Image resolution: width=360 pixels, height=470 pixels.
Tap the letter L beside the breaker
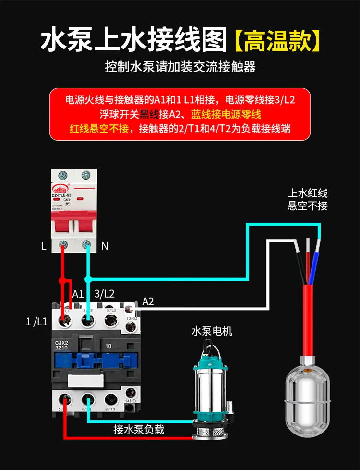44,246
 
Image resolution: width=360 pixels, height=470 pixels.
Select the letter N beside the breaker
105,246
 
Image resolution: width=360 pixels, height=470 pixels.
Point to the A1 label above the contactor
78,293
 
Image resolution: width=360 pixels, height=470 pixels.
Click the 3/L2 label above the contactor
105,293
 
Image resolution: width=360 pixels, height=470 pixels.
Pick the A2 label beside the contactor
148,301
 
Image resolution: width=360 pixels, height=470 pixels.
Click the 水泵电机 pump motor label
212,331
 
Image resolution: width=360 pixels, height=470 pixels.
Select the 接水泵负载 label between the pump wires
139,429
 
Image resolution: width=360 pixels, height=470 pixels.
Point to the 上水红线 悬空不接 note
308,200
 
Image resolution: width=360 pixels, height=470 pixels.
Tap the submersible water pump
211,394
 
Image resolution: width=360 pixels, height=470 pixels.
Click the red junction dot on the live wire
61,280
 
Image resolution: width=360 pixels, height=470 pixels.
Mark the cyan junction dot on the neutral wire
87,278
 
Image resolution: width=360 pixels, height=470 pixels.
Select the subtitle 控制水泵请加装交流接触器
180,66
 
